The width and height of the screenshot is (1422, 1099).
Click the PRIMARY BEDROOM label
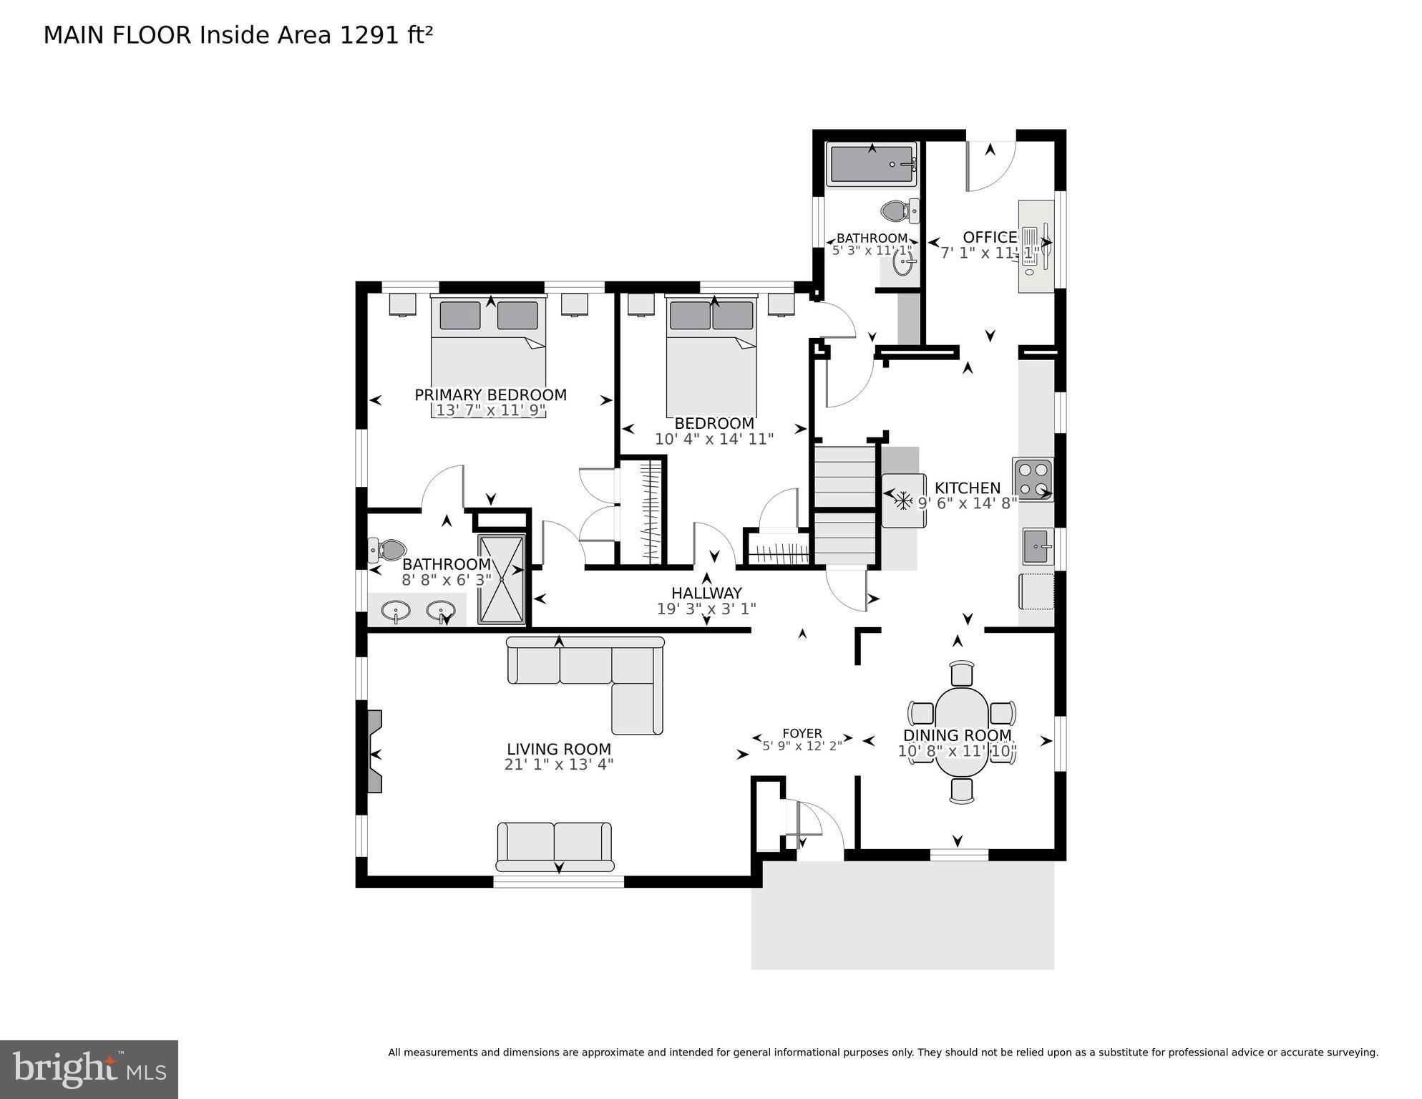pos(490,394)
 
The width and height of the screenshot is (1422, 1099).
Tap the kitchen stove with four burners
pos(1033,479)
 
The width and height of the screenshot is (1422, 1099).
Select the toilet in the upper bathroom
pos(895,210)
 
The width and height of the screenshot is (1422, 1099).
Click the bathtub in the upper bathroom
pos(871,164)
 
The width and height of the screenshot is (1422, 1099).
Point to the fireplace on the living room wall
pos(374,751)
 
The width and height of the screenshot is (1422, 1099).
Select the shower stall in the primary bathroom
pos(501,578)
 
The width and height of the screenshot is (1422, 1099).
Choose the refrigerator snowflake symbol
pos(903,500)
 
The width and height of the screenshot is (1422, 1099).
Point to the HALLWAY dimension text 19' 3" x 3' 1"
pos(706,609)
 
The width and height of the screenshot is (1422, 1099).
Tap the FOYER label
pos(802,733)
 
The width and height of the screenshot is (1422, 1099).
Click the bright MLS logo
pos(89,1070)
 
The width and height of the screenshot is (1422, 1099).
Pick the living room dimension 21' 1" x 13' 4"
pos(558,765)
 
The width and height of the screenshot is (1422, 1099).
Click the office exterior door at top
pos(990,165)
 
